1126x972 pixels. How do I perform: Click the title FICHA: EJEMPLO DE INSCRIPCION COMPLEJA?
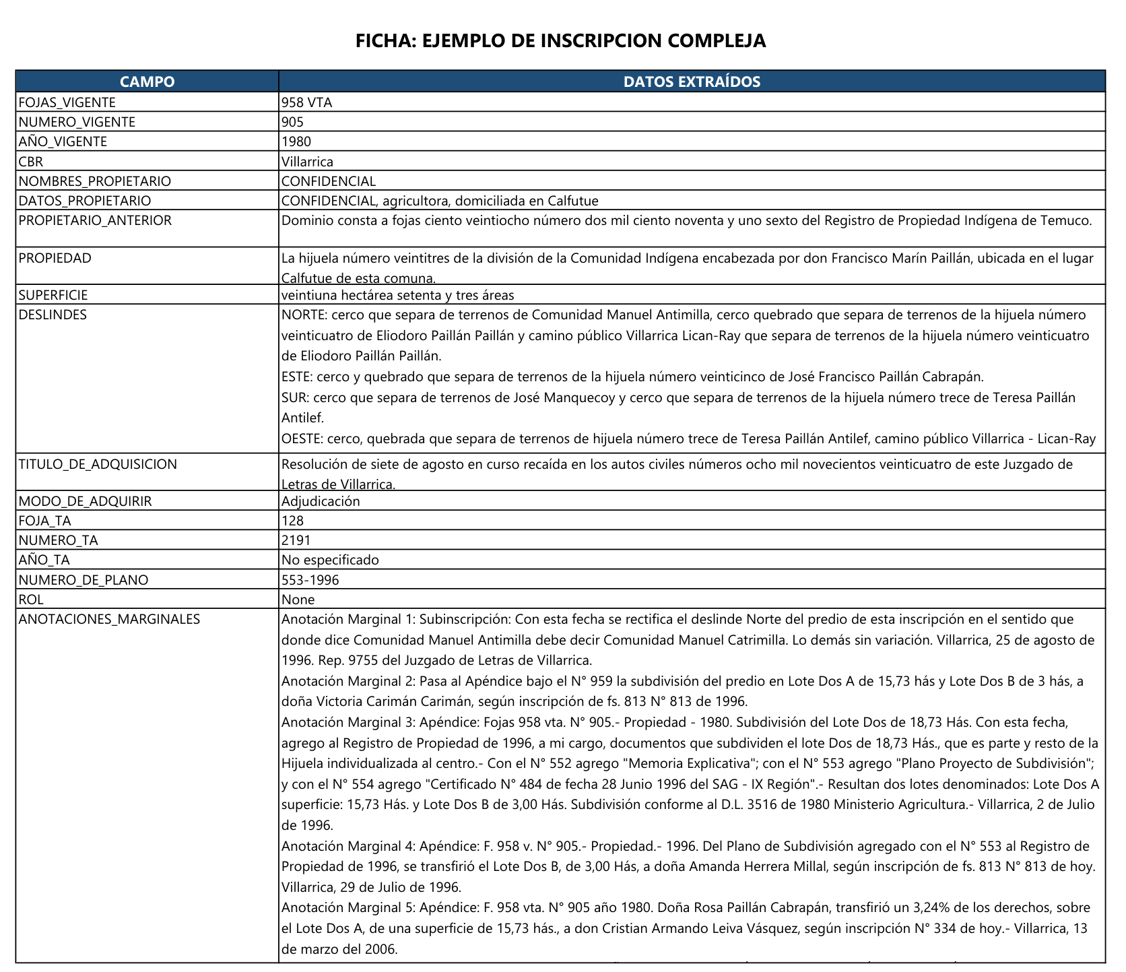pos(560,40)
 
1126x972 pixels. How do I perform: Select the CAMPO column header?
pos(147,82)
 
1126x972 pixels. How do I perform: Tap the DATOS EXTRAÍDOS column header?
pos(692,82)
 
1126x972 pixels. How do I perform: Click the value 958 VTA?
pos(307,102)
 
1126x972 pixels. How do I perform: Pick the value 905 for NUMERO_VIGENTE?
pos(293,122)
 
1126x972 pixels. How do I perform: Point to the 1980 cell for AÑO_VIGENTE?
pos(296,141)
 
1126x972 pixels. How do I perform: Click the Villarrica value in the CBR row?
pos(307,162)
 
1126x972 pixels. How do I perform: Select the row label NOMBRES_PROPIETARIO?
pos(95,181)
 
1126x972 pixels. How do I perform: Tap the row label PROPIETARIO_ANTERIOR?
pos(95,220)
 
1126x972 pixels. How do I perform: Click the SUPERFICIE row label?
pos(53,295)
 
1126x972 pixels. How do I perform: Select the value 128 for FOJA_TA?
pos(293,521)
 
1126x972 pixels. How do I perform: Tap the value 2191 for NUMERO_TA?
pos(296,540)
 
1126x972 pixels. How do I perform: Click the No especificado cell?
pos(330,560)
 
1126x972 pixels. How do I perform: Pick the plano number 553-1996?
pos(310,580)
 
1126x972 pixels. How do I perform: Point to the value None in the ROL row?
pos(298,600)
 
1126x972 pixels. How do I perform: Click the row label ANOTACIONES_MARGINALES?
pos(109,619)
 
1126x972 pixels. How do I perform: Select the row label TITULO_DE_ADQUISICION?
pos(98,464)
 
